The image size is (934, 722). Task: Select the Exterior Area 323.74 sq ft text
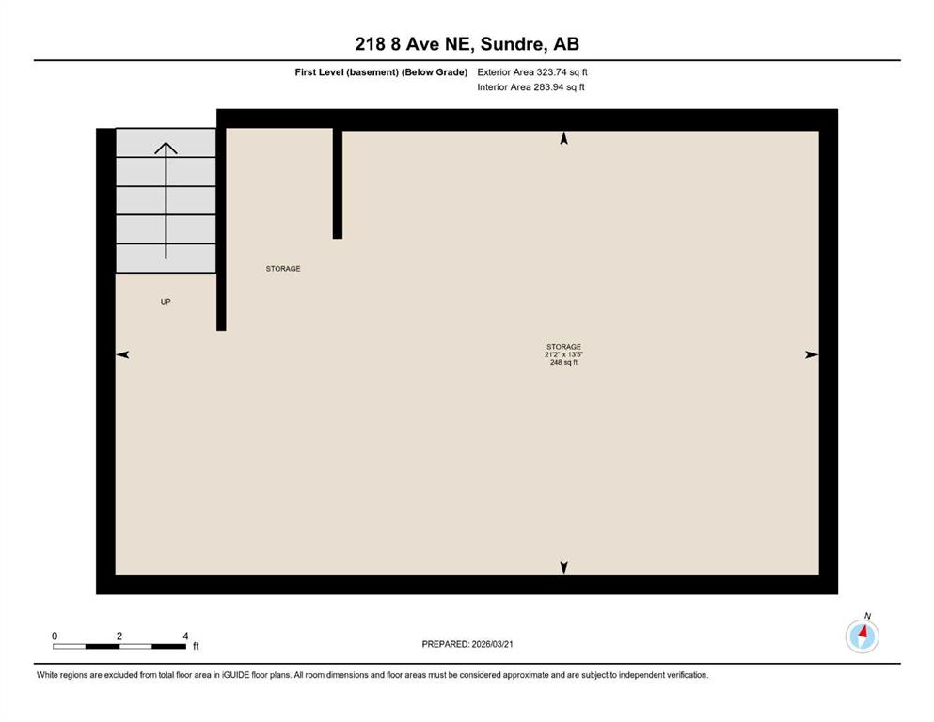coord(532,72)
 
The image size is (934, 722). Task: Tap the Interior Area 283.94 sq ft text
coord(530,86)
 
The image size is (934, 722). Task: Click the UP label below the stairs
coord(166,302)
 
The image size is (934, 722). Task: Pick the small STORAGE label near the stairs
coord(283,269)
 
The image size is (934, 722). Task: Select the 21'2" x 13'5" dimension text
coord(563,354)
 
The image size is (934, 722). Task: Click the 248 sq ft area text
coord(563,362)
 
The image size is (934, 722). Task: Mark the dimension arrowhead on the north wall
coord(563,138)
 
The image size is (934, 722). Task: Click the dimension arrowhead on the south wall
coord(563,568)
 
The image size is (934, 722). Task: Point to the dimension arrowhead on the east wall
coord(812,354)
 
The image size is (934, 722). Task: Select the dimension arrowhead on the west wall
coord(122,354)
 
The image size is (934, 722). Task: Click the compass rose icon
coord(862,636)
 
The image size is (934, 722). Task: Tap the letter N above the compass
coord(867,616)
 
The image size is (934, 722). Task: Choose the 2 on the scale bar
coord(119,636)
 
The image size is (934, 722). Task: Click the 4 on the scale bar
coord(186,636)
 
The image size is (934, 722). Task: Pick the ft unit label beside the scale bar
coord(196,647)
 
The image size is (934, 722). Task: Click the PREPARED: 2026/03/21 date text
coord(467,644)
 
